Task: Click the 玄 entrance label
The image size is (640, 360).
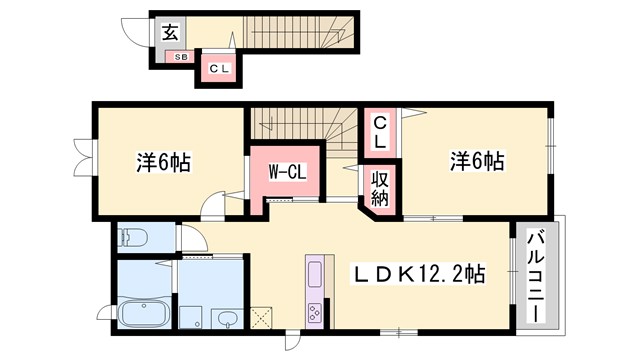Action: tap(169, 32)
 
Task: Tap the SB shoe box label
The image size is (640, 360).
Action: tap(182, 57)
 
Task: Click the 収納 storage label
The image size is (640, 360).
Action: tap(381, 187)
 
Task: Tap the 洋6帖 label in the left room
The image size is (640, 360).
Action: tap(162, 160)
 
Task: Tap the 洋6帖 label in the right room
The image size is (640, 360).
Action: tap(476, 160)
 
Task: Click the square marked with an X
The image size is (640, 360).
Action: tap(265, 319)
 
